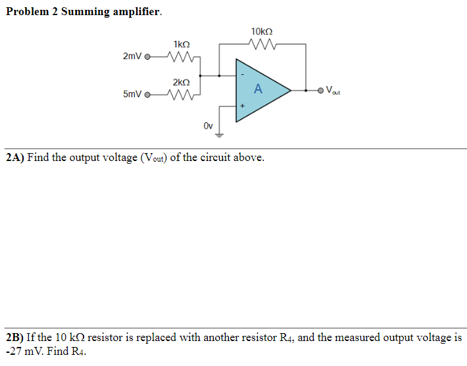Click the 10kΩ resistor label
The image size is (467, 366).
pos(262,32)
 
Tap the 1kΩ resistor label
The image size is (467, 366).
pos(182,44)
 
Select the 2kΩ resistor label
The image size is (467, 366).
pos(182,82)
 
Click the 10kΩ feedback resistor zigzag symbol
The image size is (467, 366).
pos(262,45)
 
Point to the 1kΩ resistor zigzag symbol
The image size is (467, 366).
pos(180,57)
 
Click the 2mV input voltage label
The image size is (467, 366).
pos(132,57)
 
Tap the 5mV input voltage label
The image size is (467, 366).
pos(132,95)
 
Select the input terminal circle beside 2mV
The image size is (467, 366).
pos(147,57)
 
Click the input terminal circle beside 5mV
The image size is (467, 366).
pos(147,95)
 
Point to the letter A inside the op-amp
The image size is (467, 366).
pos(258,89)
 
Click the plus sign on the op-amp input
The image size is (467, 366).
pos(241,105)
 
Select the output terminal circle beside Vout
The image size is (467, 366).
pos(320,90)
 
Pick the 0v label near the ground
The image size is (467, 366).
pos(208,125)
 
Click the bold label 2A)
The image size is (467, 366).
pos(14,158)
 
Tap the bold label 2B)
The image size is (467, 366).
pos(14,338)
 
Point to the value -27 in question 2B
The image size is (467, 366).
pos(12,351)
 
